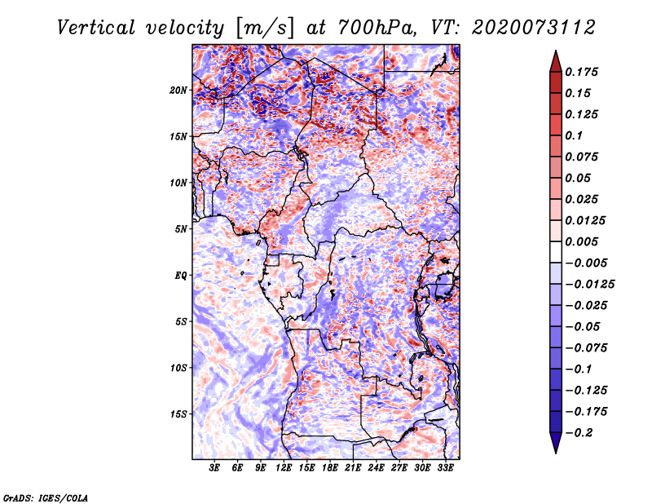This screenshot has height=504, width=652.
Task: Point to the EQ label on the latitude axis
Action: coord(181,275)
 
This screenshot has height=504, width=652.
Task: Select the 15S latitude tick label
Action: coord(179,413)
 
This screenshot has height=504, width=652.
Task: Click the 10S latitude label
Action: coord(179,367)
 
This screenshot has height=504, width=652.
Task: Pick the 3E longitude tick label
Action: coord(215,468)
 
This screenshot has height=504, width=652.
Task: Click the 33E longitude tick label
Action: coord(446,468)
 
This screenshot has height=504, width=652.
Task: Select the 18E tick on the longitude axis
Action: coord(330,468)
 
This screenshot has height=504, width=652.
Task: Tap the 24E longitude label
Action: coord(377,468)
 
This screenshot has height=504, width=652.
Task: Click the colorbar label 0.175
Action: coord(584,72)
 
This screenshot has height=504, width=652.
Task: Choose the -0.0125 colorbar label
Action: coord(591,284)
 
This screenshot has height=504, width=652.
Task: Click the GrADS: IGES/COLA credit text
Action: coord(45,497)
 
